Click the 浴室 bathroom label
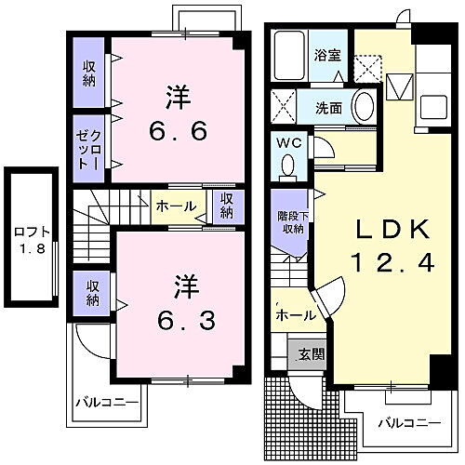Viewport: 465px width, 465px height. [326, 54]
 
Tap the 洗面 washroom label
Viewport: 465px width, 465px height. [328, 107]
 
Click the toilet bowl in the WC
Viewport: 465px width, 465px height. [287, 166]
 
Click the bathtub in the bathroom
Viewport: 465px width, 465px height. [290, 56]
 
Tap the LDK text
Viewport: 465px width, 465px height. [389, 230]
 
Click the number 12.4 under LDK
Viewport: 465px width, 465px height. [391, 263]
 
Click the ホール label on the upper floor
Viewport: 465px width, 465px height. [175, 206]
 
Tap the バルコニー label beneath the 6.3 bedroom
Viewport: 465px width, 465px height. [107, 404]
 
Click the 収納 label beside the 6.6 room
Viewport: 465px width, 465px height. [90, 73]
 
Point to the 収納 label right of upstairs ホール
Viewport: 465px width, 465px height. [227, 205]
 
